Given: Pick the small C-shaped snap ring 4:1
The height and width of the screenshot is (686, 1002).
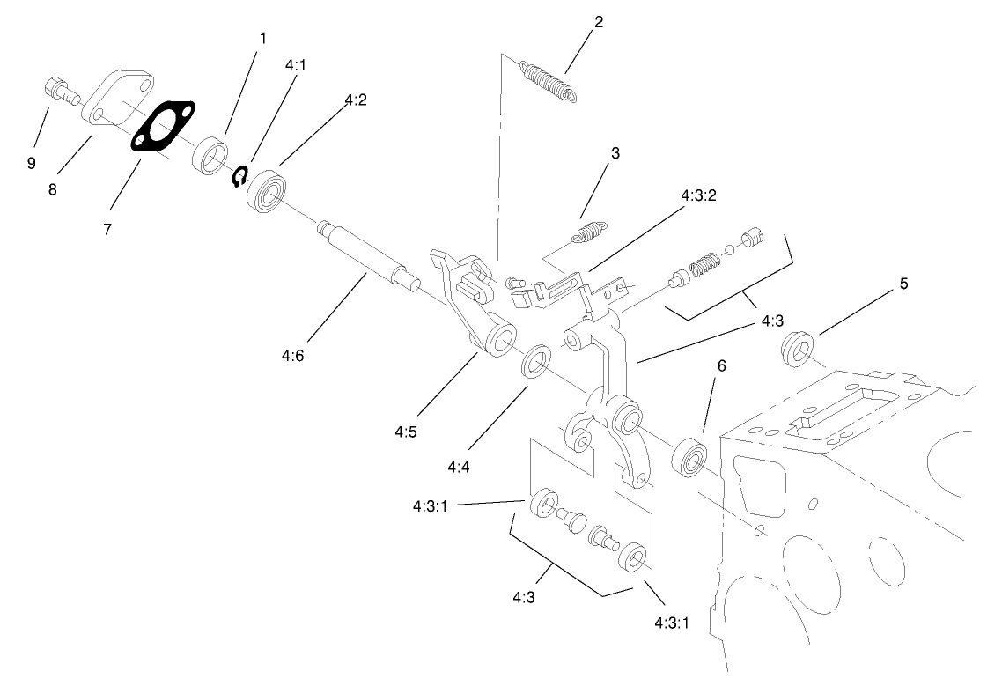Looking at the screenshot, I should [x=238, y=178].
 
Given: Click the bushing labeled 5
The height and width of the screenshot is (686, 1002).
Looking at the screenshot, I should [x=799, y=347].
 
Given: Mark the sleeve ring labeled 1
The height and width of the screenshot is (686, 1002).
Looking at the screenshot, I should [x=210, y=156].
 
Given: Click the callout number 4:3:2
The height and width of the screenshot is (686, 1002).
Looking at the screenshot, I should [x=699, y=195].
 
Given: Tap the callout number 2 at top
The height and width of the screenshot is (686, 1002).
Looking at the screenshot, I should [x=599, y=22].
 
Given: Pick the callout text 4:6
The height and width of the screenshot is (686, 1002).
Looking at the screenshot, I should [x=293, y=356].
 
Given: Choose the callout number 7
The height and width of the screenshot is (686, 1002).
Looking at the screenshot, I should [x=107, y=229].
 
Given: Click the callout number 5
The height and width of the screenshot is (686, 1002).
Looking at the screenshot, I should [x=903, y=284].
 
